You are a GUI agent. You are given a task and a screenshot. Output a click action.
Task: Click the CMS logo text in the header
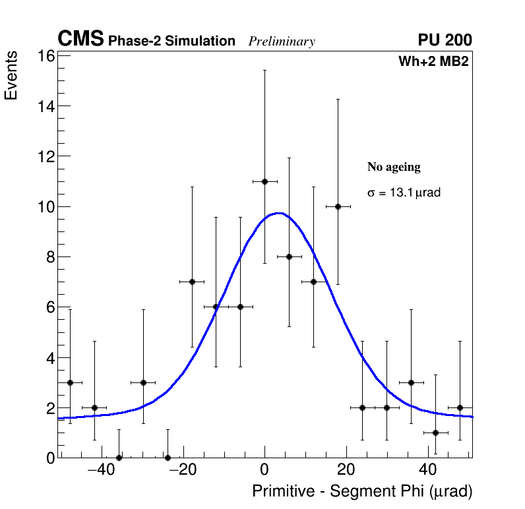80,40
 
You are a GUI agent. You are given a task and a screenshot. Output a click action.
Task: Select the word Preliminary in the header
282,42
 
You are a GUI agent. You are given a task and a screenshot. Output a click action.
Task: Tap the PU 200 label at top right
445,40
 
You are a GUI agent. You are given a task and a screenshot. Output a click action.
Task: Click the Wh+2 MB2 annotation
433,62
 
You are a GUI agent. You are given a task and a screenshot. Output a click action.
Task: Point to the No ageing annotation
394,167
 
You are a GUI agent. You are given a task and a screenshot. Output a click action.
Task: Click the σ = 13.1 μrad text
404,193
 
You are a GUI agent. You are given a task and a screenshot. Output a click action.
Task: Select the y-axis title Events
11,77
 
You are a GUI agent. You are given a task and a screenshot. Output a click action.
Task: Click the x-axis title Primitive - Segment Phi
362,491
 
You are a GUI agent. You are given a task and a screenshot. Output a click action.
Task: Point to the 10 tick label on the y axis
44,206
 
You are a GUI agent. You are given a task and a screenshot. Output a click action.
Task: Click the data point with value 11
264,181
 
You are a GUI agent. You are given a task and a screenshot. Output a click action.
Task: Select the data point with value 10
338,206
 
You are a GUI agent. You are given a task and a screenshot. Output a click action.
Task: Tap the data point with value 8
289,256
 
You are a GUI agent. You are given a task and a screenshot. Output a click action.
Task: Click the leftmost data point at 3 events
70,382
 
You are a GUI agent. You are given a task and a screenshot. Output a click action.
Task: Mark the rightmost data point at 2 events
460,407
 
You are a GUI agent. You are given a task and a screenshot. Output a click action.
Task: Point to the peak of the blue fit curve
279,213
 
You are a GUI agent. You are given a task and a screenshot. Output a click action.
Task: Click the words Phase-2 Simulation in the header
171,42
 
